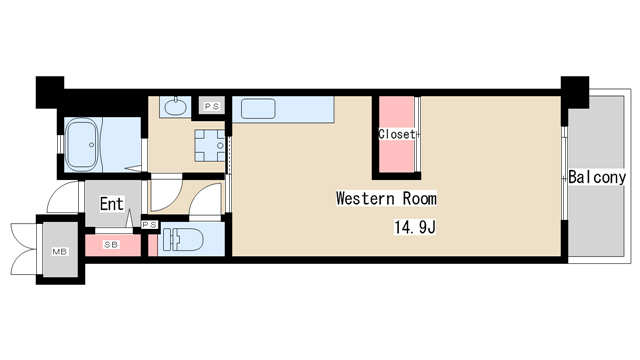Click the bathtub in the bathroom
click(x=82, y=144)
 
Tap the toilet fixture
click(x=183, y=240)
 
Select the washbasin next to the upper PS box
click(x=176, y=107)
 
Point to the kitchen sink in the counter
click(x=258, y=109)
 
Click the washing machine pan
click(x=210, y=145)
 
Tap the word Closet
click(x=397, y=134)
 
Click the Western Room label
click(x=386, y=198)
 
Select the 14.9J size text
click(x=415, y=227)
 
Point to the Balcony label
click(x=597, y=177)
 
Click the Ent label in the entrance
click(x=111, y=204)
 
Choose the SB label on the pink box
click(x=111, y=244)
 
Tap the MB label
click(x=60, y=252)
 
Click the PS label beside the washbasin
click(x=212, y=107)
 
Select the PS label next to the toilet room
click(x=149, y=224)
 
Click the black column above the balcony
click(x=575, y=92)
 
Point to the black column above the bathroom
click(x=50, y=92)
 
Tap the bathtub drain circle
click(x=91, y=145)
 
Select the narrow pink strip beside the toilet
click(x=153, y=245)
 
